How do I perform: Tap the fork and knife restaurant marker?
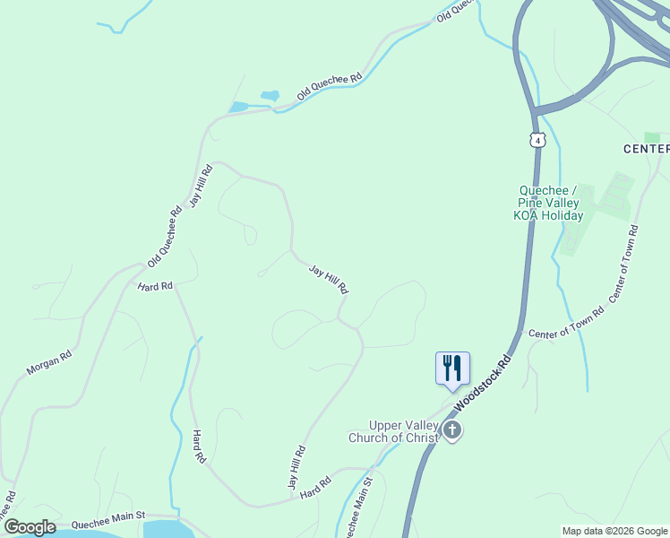coord(451,368)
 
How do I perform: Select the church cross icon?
coord(452,431)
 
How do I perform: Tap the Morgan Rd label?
coord(48,360)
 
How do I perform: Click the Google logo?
coord(29,527)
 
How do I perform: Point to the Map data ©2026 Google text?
coord(614,531)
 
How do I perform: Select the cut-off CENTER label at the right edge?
coord(646,148)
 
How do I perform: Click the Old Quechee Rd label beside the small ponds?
coord(330,86)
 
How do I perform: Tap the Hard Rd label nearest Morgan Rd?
coord(154,286)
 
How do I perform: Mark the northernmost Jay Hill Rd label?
coord(200,186)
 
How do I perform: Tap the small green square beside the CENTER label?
coord(652,137)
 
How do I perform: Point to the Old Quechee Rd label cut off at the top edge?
coord(454,11)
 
